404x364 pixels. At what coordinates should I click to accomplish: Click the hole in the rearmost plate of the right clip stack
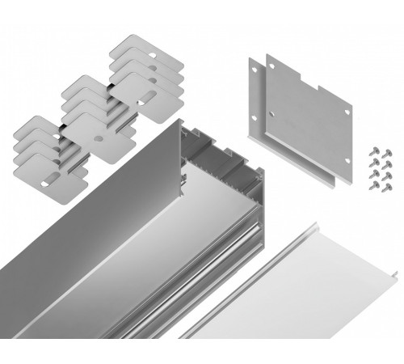coord(133,44)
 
